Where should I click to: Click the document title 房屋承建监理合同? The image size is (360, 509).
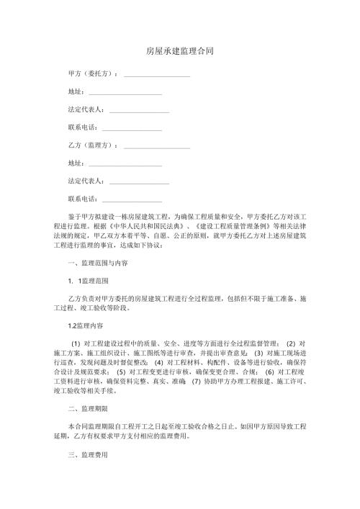coord(179,52)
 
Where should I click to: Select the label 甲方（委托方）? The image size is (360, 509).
coord(91,73)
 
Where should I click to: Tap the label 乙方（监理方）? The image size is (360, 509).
coord(91,145)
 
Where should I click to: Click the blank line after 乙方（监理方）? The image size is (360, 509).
coord(157,145)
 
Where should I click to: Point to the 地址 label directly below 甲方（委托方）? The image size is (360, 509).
coord(75,91)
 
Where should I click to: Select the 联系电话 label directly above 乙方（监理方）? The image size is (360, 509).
coord(82,127)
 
